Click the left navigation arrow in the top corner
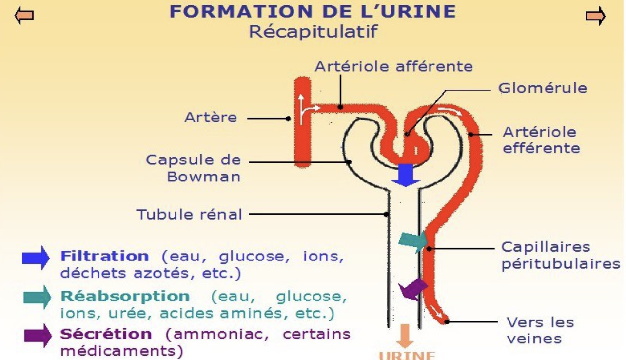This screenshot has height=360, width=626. (24, 16)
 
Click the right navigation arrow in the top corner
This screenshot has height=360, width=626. (595, 16)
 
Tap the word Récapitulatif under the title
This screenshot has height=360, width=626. (313, 32)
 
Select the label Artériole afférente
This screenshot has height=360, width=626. (393, 66)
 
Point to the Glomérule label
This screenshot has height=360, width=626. (542, 88)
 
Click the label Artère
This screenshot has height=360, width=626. (211, 118)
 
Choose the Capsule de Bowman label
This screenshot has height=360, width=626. (193, 168)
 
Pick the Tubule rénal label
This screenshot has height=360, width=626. (189, 214)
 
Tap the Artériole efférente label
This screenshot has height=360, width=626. (541, 140)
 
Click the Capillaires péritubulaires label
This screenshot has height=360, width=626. (560, 255)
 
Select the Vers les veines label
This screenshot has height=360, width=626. (540, 330)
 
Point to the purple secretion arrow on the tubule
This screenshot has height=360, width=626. (413, 289)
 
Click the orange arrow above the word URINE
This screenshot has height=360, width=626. (405, 337)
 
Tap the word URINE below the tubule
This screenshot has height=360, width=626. (406, 355)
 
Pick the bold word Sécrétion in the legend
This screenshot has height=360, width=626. (105, 334)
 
